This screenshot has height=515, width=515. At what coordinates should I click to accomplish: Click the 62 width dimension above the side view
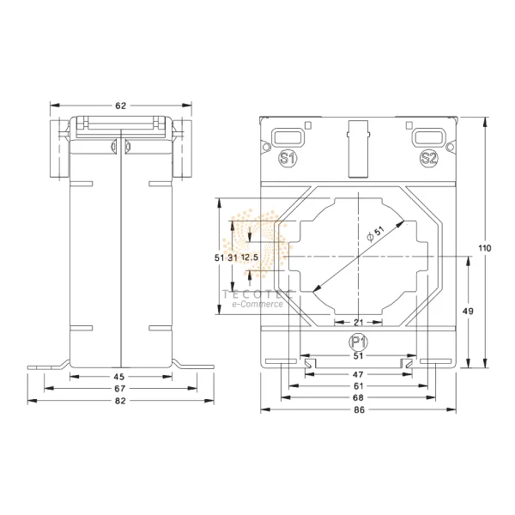(120, 106)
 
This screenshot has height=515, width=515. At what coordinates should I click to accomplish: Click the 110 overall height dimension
(486, 248)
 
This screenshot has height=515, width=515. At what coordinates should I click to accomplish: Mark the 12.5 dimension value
(250, 257)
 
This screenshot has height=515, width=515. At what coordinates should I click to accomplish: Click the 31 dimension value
(232, 257)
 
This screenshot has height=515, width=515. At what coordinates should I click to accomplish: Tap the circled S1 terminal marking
(288, 159)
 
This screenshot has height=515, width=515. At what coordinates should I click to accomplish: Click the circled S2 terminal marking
(429, 159)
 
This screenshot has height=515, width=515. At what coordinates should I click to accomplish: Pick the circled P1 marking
(358, 342)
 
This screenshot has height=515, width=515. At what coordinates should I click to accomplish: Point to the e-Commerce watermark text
(256, 304)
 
